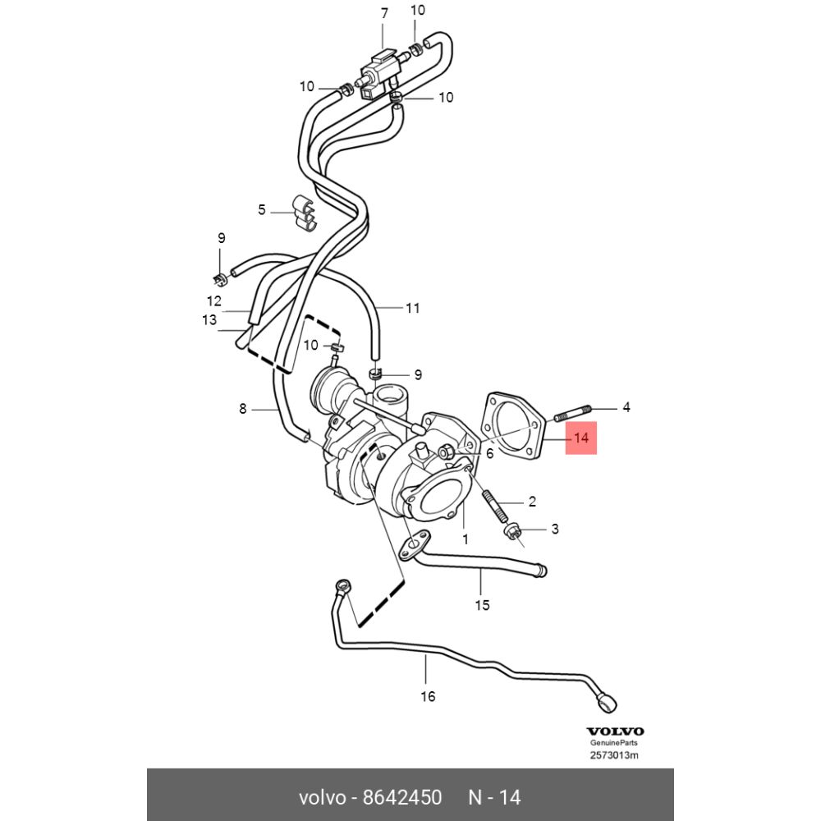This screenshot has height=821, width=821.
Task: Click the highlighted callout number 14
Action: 581,439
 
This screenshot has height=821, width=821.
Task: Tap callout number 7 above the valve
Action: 383,12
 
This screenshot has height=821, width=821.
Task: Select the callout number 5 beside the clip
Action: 262,209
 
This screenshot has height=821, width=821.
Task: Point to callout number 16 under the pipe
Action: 428,697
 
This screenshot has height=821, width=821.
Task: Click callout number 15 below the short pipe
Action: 483,605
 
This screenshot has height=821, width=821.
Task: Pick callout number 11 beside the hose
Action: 412,309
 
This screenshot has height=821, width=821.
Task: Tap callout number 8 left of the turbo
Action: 242,408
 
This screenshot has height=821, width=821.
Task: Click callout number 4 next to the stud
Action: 626,406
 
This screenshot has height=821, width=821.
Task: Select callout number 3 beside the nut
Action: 554,529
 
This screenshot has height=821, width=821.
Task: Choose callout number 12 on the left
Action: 214,300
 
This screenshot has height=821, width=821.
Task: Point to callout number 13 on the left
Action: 209,319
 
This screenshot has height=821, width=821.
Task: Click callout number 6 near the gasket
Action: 488,452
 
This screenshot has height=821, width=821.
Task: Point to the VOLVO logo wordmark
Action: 615,731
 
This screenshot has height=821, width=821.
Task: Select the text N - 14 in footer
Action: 494,797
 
